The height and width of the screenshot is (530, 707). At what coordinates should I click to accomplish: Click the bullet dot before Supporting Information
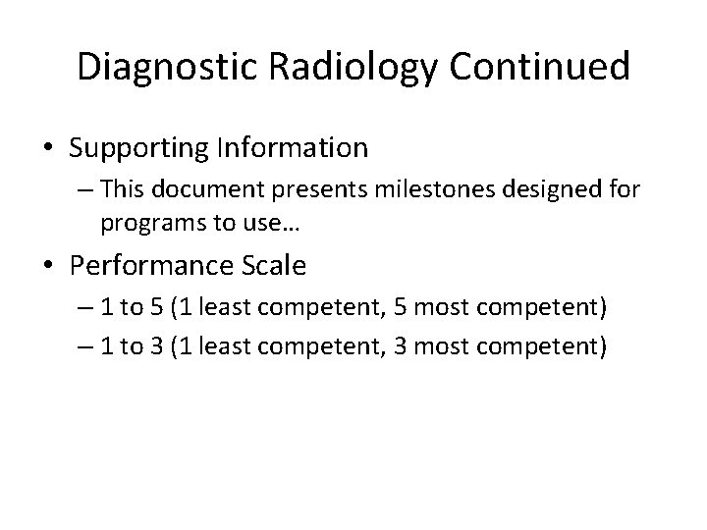tap(49, 150)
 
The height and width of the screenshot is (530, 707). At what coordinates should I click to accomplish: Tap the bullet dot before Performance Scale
tap(49, 266)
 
